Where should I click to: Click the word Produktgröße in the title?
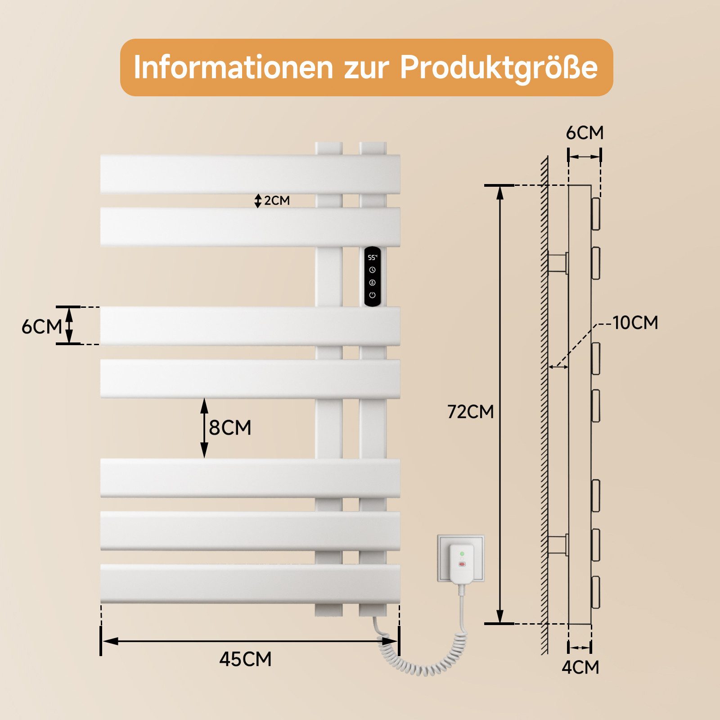[x=499, y=68]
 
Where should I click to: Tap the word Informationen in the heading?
[x=233, y=67]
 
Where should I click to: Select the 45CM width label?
[x=245, y=659]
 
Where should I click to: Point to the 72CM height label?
[x=470, y=412]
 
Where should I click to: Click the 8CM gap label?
[x=229, y=427]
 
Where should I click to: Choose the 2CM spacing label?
[x=276, y=201]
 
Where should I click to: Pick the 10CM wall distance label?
[x=635, y=323]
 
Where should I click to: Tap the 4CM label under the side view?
[x=580, y=667]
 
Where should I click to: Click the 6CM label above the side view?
[x=584, y=133]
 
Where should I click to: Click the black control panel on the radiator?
[x=372, y=277]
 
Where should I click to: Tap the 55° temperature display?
[x=372, y=258]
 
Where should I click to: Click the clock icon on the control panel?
[x=372, y=270]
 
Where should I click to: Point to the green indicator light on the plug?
[x=462, y=553]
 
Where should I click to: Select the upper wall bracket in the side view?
[x=558, y=263]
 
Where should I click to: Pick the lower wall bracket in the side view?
[x=558, y=545]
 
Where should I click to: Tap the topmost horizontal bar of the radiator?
[x=250, y=174]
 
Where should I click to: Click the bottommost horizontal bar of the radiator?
[x=250, y=584]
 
